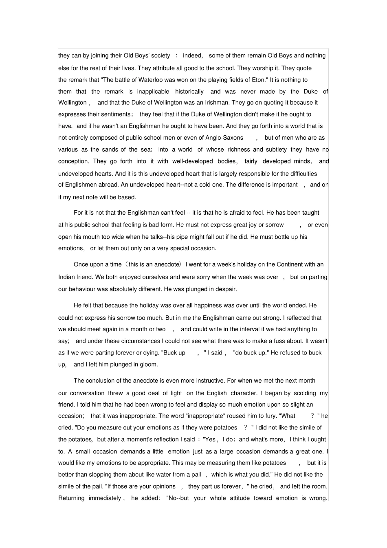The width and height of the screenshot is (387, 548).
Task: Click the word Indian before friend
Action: pyautogui.click(x=66, y=277)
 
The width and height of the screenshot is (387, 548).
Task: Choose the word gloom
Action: pyautogui.click(x=147, y=365)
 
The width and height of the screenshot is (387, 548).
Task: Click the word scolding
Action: pyautogui.click(x=305, y=393)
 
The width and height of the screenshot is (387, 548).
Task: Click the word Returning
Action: pyautogui.click(x=71, y=498)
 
